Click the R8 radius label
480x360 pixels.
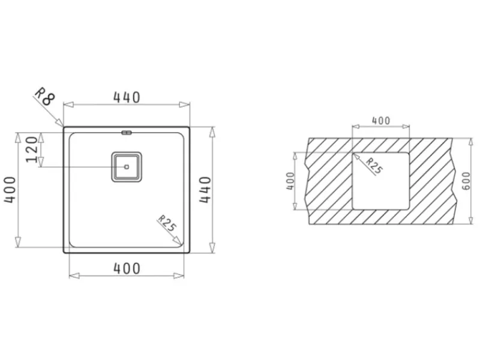coord(44,97)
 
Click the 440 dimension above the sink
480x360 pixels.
coord(127,97)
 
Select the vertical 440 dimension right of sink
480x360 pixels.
coord(205,190)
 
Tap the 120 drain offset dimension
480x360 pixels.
coord(32,149)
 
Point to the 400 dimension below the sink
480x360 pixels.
coord(127,268)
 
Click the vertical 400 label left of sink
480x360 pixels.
coord(10,190)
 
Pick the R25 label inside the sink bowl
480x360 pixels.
coord(167,223)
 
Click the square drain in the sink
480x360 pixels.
coord(127,167)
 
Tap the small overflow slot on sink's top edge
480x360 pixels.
coord(127,133)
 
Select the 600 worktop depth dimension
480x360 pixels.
coord(466,181)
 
